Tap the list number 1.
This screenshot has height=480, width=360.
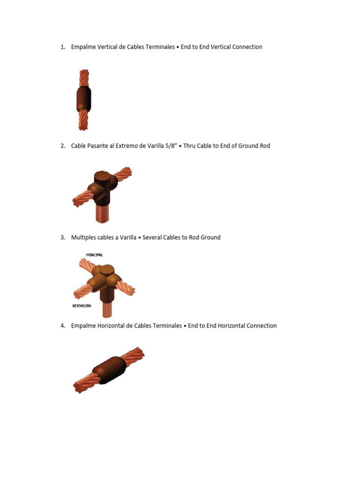tap(62, 47)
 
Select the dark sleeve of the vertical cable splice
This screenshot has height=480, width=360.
tap(84, 99)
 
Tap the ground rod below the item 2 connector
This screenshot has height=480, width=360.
tap(102, 213)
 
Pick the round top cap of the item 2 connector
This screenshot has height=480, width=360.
tap(104, 178)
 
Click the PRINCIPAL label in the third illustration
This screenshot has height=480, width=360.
tap(94, 255)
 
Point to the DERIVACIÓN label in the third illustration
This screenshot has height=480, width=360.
tap(82, 306)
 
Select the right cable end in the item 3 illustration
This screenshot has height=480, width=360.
tap(127, 288)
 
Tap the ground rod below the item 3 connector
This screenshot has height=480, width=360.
tap(107, 309)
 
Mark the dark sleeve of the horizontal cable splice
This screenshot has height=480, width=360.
tap(110, 370)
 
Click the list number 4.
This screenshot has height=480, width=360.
tap(62, 325)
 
